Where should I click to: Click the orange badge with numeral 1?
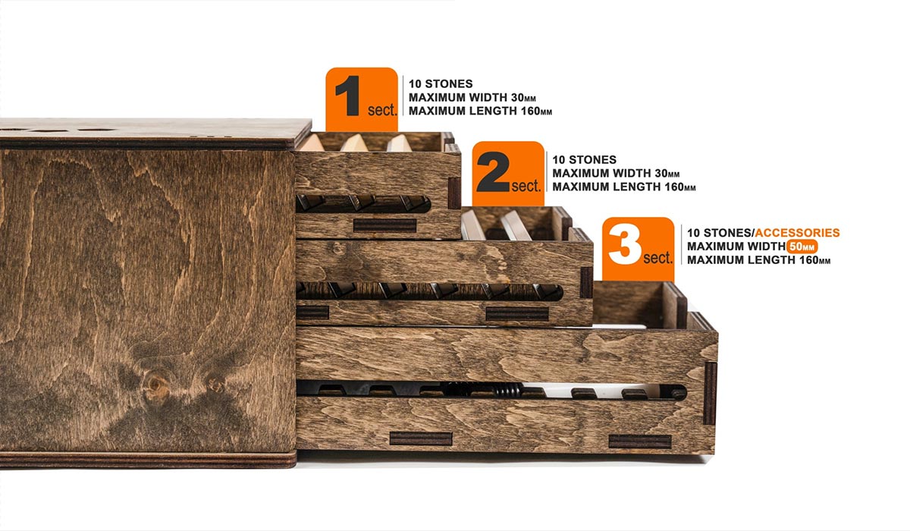tap(362, 99)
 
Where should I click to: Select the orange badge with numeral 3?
tap(638, 249)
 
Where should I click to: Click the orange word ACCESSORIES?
tap(797, 233)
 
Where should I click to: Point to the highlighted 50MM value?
tap(802, 247)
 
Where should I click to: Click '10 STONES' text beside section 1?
tap(441, 84)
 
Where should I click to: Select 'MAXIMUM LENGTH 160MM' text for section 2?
tap(623, 187)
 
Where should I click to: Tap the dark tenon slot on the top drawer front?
tap(384, 225)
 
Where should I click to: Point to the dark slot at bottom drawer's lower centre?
tap(421, 438)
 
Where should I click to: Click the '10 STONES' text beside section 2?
tap(584, 160)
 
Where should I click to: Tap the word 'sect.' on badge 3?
tap(657, 258)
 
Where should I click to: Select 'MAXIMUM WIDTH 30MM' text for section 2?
tap(616, 174)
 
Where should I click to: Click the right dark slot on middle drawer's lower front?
tap(516, 313)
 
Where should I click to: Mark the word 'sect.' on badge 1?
tap(382, 109)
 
